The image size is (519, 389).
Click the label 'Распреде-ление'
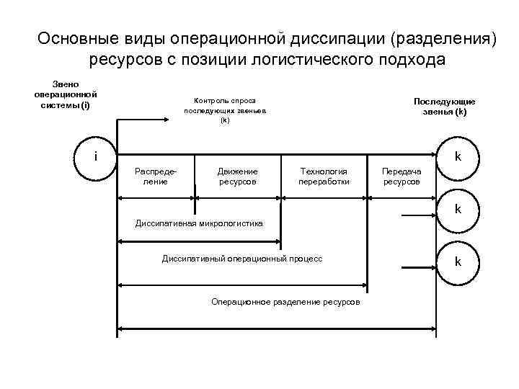pos(156,176)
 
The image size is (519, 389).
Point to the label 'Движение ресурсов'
pos(238,176)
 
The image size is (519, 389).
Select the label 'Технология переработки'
pos(324,176)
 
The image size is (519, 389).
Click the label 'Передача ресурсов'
pos(402,176)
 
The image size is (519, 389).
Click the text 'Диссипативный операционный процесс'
pos(242,257)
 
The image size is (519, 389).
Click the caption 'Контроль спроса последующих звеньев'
pos(225,110)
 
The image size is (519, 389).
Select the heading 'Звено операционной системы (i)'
pos(66,94)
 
